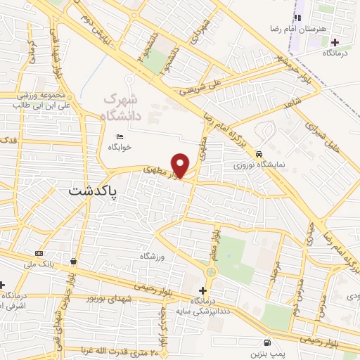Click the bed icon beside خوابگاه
tap(119, 136)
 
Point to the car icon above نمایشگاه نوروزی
tap(259, 154)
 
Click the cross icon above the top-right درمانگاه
tap(335, 42)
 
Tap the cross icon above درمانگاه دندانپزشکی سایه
tap(202, 290)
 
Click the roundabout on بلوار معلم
tap(213, 271)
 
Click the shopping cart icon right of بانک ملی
tap(73, 262)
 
